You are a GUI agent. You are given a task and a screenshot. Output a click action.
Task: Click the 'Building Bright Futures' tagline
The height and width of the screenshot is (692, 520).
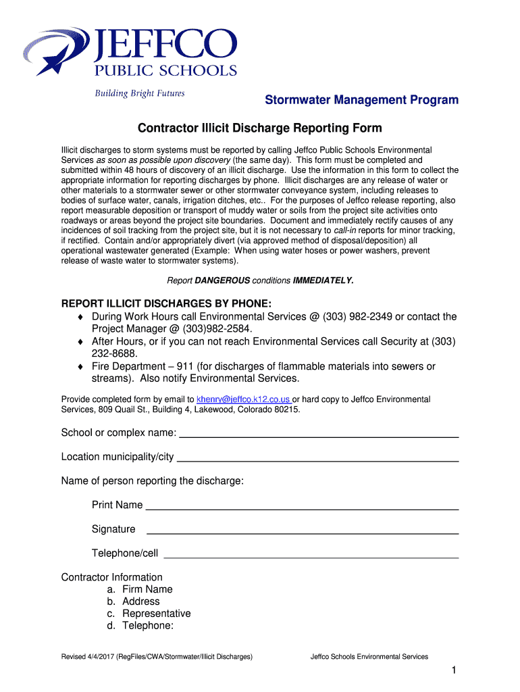[x=138, y=93]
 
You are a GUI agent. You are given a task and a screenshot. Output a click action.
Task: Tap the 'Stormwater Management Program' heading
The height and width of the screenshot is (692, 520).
[x=361, y=100]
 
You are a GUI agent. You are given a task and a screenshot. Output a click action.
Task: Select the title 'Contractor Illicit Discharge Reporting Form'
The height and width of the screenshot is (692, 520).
[x=260, y=128]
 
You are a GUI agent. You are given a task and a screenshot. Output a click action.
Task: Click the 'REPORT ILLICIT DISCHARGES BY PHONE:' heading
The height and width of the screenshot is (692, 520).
[x=167, y=303]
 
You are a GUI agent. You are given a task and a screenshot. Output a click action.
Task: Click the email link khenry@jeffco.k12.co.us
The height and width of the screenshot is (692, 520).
[x=244, y=399]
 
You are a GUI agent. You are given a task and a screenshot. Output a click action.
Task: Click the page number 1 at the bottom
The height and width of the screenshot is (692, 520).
[x=456, y=670]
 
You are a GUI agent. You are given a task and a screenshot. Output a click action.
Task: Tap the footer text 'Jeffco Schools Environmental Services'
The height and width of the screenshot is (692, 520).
[x=369, y=656]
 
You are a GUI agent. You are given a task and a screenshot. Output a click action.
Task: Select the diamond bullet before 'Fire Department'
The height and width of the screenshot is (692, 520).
[x=81, y=366]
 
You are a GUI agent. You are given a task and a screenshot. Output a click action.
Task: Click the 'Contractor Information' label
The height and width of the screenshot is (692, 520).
[x=112, y=577]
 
